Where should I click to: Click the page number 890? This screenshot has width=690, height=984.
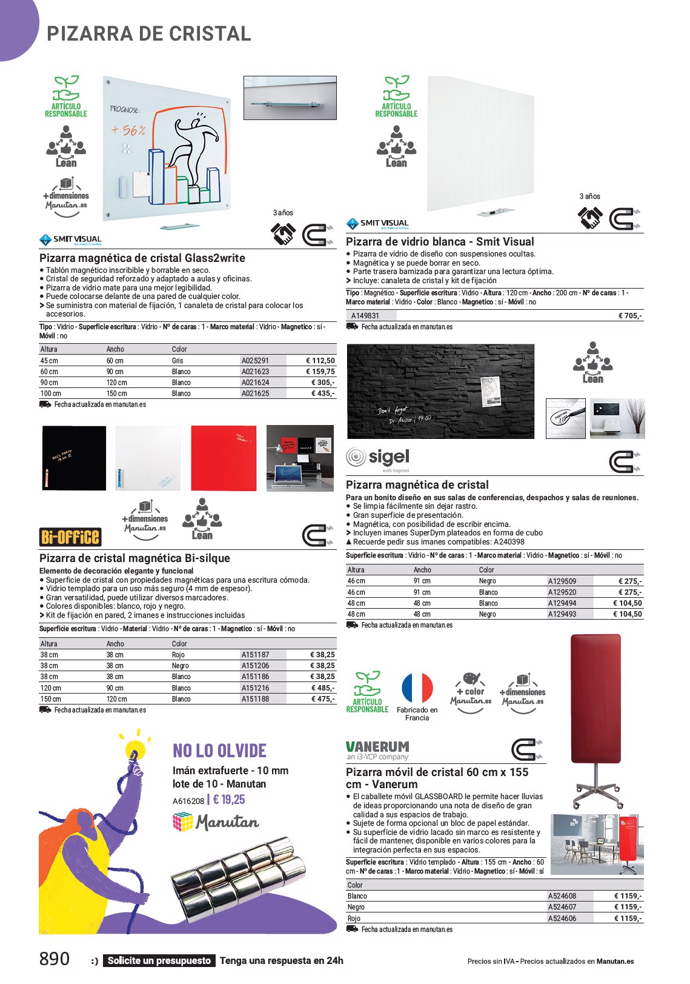pyautogui.click(x=55, y=959)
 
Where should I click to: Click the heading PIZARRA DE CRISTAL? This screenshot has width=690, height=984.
pyautogui.click(x=149, y=34)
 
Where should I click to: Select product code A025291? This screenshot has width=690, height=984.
pyautogui.click(x=255, y=361)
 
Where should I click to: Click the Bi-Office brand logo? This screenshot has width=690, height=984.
pyautogui.click(x=70, y=537)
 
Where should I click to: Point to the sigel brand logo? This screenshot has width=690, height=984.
pyautogui.click(x=378, y=458)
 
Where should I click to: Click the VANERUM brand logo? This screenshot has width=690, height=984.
pyautogui.click(x=377, y=750)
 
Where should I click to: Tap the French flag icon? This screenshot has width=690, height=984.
pyautogui.click(x=417, y=689)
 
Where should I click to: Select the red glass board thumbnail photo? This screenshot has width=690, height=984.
pyautogui.click(x=224, y=458)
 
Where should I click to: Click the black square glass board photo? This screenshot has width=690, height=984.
pyautogui.click(x=74, y=458)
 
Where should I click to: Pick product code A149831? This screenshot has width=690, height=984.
pyautogui.click(x=365, y=316)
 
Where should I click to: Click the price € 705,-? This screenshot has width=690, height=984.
pyautogui.click(x=630, y=316)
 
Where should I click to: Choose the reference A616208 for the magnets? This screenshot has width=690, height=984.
pyautogui.click(x=188, y=801)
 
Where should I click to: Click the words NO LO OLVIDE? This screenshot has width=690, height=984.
pyautogui.click(x=219, y=751)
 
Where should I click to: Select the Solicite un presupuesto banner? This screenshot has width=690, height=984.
pyautogui.click(x=159, y=960)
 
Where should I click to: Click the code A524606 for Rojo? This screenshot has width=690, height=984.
pyautogui.click(x=562, y=919)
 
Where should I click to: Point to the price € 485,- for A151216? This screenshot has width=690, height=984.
pyautogui.click(x=322, y=688)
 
